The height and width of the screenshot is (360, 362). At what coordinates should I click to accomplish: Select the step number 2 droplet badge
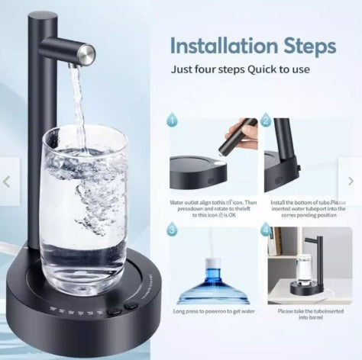(267, 120)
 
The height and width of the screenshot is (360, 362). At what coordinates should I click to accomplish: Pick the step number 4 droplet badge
(267, 230)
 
